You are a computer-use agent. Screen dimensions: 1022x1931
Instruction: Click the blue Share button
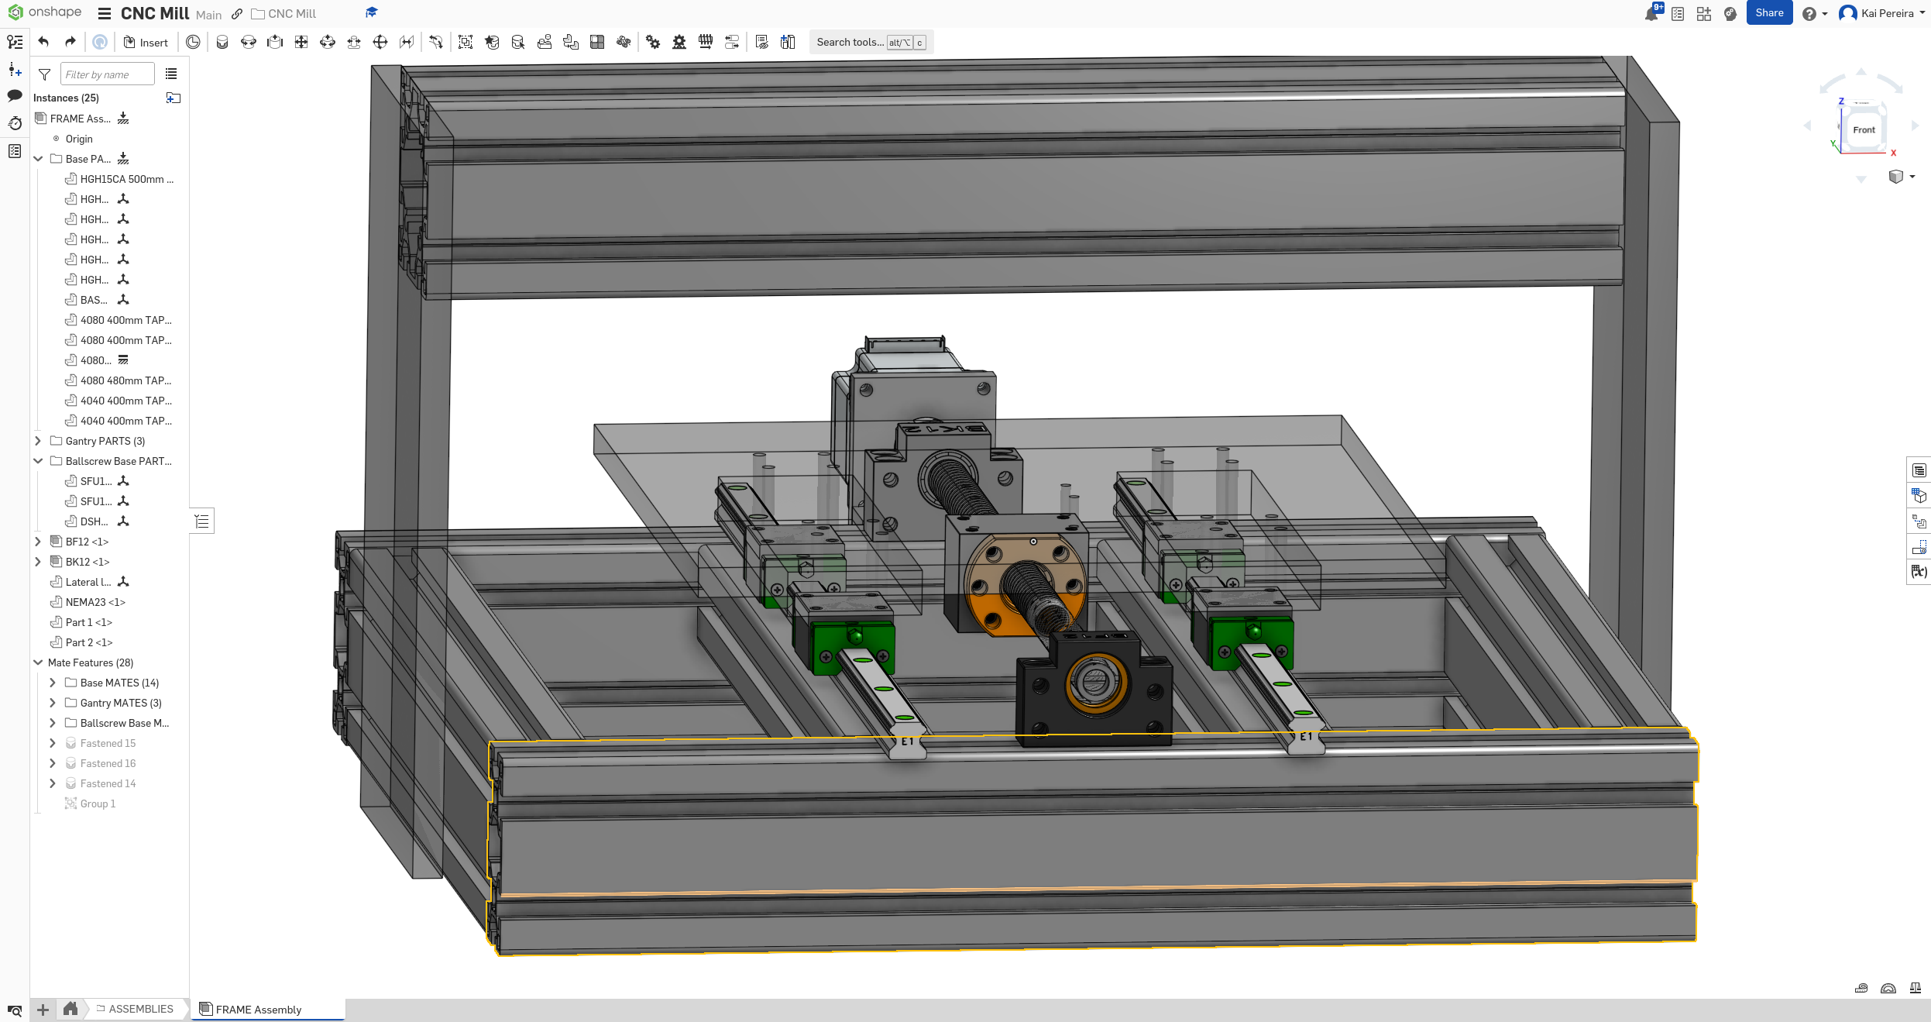point(1768,13)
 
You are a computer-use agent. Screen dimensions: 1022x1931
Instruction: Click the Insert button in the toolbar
point(146,43)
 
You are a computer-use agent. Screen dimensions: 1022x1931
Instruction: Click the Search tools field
point(850,43)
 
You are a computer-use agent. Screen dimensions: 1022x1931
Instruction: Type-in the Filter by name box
point(107,74)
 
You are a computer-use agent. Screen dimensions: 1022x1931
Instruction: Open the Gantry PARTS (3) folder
point(105,441)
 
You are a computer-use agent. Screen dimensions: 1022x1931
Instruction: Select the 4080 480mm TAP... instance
point(125,380)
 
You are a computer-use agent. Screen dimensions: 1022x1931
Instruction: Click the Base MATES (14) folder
point(119,683)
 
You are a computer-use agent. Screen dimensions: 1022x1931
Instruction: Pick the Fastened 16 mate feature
point(108,763)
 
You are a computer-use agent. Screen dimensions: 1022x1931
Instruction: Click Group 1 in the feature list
point(98,803)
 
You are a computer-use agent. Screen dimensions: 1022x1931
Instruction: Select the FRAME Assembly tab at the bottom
point(258,1009)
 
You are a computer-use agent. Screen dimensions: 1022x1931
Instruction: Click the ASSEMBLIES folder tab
point(140,1009)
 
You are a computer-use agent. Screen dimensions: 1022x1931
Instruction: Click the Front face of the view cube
point(1864,130)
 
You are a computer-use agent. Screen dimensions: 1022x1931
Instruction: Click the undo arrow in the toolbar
point(43,42)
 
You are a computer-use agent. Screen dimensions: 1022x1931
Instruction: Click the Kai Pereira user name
point(1887,13)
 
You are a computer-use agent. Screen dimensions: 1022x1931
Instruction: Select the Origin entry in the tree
point(78,139)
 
